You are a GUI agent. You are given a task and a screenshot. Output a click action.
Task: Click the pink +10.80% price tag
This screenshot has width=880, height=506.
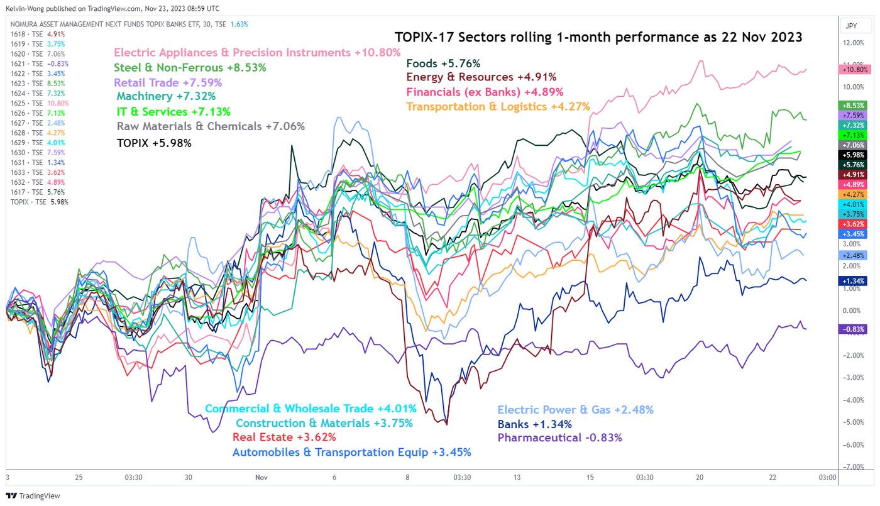853,69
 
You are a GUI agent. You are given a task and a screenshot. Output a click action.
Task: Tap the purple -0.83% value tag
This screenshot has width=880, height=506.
853,329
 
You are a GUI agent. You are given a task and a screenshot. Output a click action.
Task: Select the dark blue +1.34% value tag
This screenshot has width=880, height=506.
853,281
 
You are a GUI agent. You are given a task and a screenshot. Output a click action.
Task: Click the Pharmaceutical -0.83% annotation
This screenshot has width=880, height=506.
559,437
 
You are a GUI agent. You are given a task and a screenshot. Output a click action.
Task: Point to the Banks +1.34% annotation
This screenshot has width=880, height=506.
534,424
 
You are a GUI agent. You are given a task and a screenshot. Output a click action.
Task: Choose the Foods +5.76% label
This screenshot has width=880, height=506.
443,63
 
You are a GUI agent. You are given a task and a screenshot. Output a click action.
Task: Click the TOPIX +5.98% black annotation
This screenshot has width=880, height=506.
154,143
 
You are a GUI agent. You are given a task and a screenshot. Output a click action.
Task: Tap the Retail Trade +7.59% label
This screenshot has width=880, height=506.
168,82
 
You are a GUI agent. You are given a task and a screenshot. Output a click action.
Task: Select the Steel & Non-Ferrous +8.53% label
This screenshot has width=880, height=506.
190,67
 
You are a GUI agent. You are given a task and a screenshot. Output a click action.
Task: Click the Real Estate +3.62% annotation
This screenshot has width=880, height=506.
284,437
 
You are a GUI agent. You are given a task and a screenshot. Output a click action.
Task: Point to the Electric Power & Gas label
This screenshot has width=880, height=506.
575,410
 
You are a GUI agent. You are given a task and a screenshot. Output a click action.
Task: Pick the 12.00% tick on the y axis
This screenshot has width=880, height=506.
854,43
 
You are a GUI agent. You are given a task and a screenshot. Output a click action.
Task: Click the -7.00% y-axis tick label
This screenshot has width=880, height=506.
853,466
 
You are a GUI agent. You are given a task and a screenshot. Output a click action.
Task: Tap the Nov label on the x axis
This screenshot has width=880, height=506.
262,477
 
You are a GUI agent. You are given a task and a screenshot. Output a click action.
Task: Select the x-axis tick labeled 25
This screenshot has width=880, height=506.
79,477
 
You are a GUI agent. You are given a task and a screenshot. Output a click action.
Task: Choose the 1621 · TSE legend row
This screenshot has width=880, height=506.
39,63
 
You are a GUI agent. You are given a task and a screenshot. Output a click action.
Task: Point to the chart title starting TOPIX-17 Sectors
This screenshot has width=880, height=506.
598,37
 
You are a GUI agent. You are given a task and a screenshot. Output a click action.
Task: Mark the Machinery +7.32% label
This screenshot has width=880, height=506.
166,96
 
